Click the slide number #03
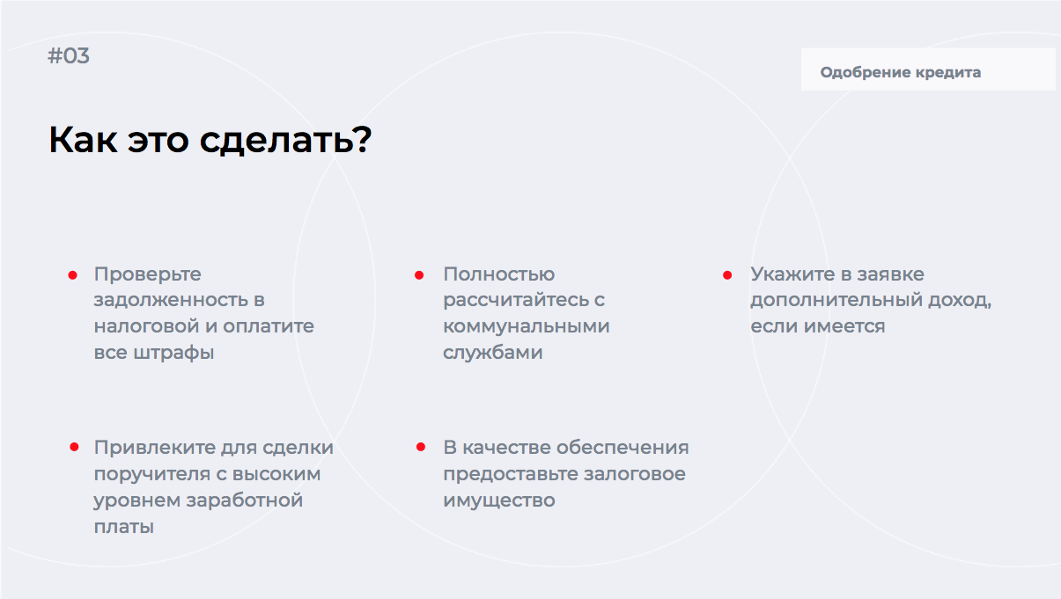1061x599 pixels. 69,55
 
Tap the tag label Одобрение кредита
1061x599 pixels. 901,72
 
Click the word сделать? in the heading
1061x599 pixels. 285,140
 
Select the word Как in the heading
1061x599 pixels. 83,140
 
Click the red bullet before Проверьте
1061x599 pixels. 72,275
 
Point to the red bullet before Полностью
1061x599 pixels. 419,275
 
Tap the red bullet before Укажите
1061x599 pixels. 727,275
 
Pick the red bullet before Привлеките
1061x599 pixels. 74,447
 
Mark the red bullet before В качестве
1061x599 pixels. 421,447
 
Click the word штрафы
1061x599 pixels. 173,354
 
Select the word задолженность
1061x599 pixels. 172,301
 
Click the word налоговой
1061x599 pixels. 146,326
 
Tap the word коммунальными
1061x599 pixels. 527,327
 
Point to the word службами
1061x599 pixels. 492,353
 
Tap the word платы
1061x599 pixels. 124,527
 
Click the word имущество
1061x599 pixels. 499,501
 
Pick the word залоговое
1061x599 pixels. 635,474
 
